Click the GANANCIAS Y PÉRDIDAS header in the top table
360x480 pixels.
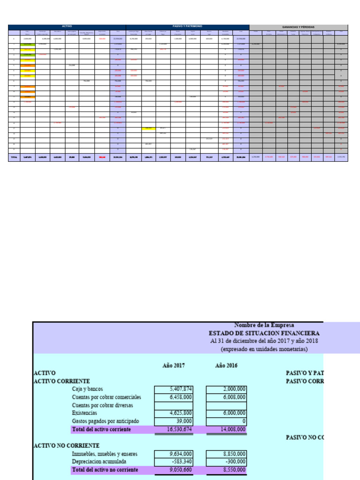pos(298,27)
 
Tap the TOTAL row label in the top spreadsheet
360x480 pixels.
pos(14,157)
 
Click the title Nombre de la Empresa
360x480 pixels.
pos(264,324)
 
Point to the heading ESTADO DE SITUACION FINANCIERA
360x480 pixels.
pos(264,333)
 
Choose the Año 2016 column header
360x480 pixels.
pos(226,365)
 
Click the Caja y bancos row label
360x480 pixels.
pos(87,389)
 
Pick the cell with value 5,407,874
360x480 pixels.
pos(174,389)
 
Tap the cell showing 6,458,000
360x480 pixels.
pos(174,397)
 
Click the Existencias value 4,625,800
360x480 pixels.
pos(174,413)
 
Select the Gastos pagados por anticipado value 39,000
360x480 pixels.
pos(174,421)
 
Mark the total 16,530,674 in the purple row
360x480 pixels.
pos(174,429)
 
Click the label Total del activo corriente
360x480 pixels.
pos(101,429)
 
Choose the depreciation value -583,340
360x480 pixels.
pos(174,462)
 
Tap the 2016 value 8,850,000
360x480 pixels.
pos(226,454)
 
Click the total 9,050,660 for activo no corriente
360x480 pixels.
pos(174,470)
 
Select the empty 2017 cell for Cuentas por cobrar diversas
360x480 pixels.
pos(174,405)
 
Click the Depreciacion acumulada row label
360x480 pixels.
pos(99,462)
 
